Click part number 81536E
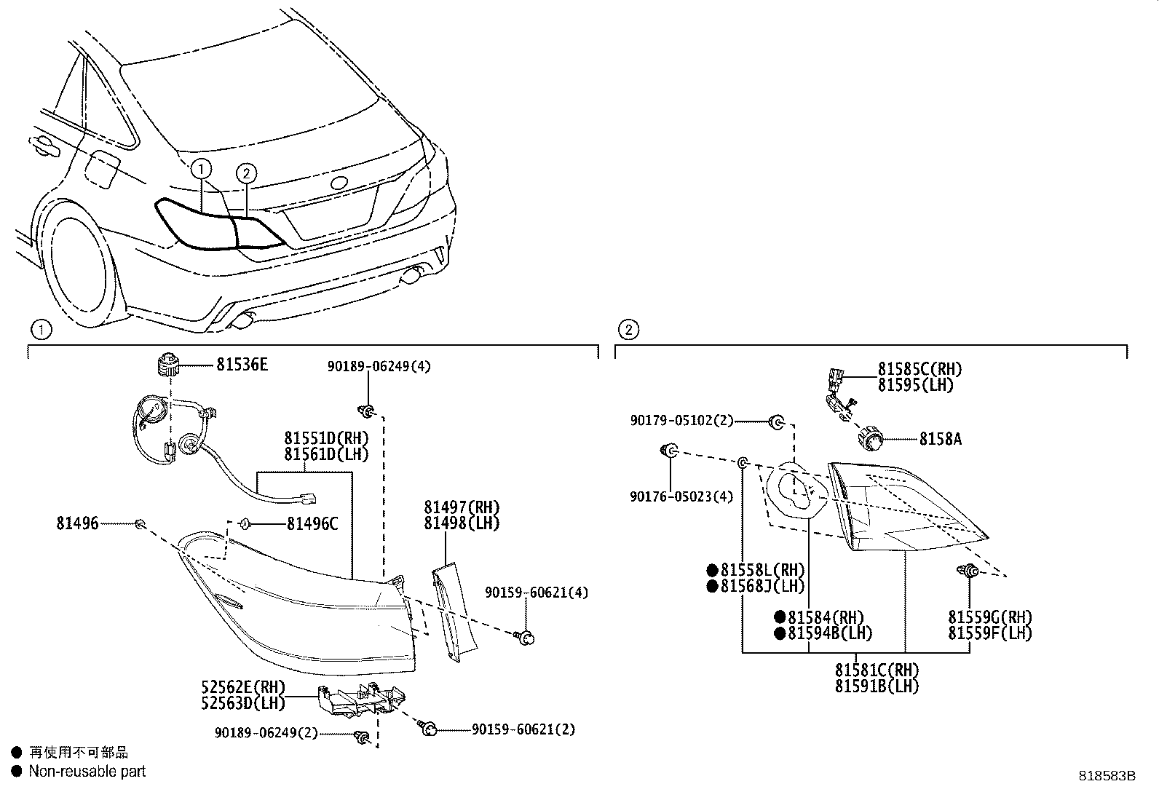242,365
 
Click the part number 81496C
312,523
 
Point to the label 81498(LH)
462,523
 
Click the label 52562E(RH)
243,687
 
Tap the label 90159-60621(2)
523,729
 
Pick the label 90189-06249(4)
379,366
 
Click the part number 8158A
940,439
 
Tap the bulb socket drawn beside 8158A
869,439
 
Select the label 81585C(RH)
919,369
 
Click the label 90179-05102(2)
681,421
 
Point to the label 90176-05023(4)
681,496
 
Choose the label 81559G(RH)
989,617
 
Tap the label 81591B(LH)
877,686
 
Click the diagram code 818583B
1107,776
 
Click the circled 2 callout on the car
247,173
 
